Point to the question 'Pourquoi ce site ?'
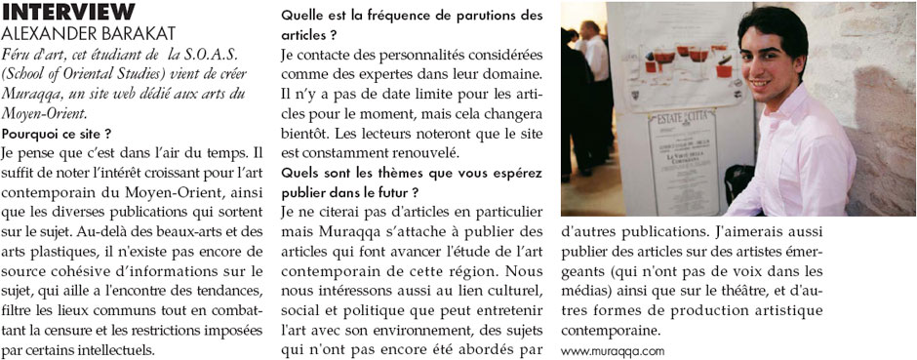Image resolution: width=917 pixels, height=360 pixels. point(57,132)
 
